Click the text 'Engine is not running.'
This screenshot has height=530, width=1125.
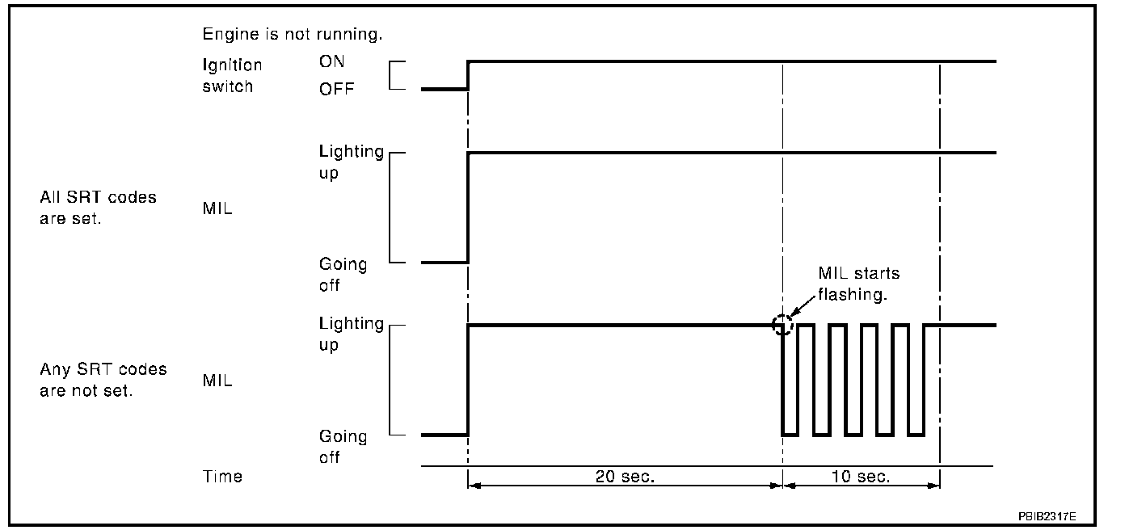point(292,35)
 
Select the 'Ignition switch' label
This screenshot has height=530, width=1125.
point(232,75)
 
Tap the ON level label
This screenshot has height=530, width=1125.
point(331,63)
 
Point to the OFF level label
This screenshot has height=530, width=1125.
point(336,89)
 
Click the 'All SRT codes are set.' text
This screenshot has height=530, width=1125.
point(98,208)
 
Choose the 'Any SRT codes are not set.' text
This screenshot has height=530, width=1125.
point(103,380)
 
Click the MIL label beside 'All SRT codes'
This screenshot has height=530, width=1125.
point(217,208)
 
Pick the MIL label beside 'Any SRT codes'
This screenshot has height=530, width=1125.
point(217,381)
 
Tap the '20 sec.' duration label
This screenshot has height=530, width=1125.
point(624,477)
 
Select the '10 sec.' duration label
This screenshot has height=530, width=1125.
point(861,477)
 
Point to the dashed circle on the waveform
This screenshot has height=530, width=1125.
point(782,326)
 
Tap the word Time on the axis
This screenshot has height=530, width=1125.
point(222,477)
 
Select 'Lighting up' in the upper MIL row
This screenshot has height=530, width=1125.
point(351,162)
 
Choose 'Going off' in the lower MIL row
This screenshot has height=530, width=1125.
point(343,447)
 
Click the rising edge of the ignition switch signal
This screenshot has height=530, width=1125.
point(469,74)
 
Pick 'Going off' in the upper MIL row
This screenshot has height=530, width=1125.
point(343,275)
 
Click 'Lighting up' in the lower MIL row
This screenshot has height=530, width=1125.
point(351,334)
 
